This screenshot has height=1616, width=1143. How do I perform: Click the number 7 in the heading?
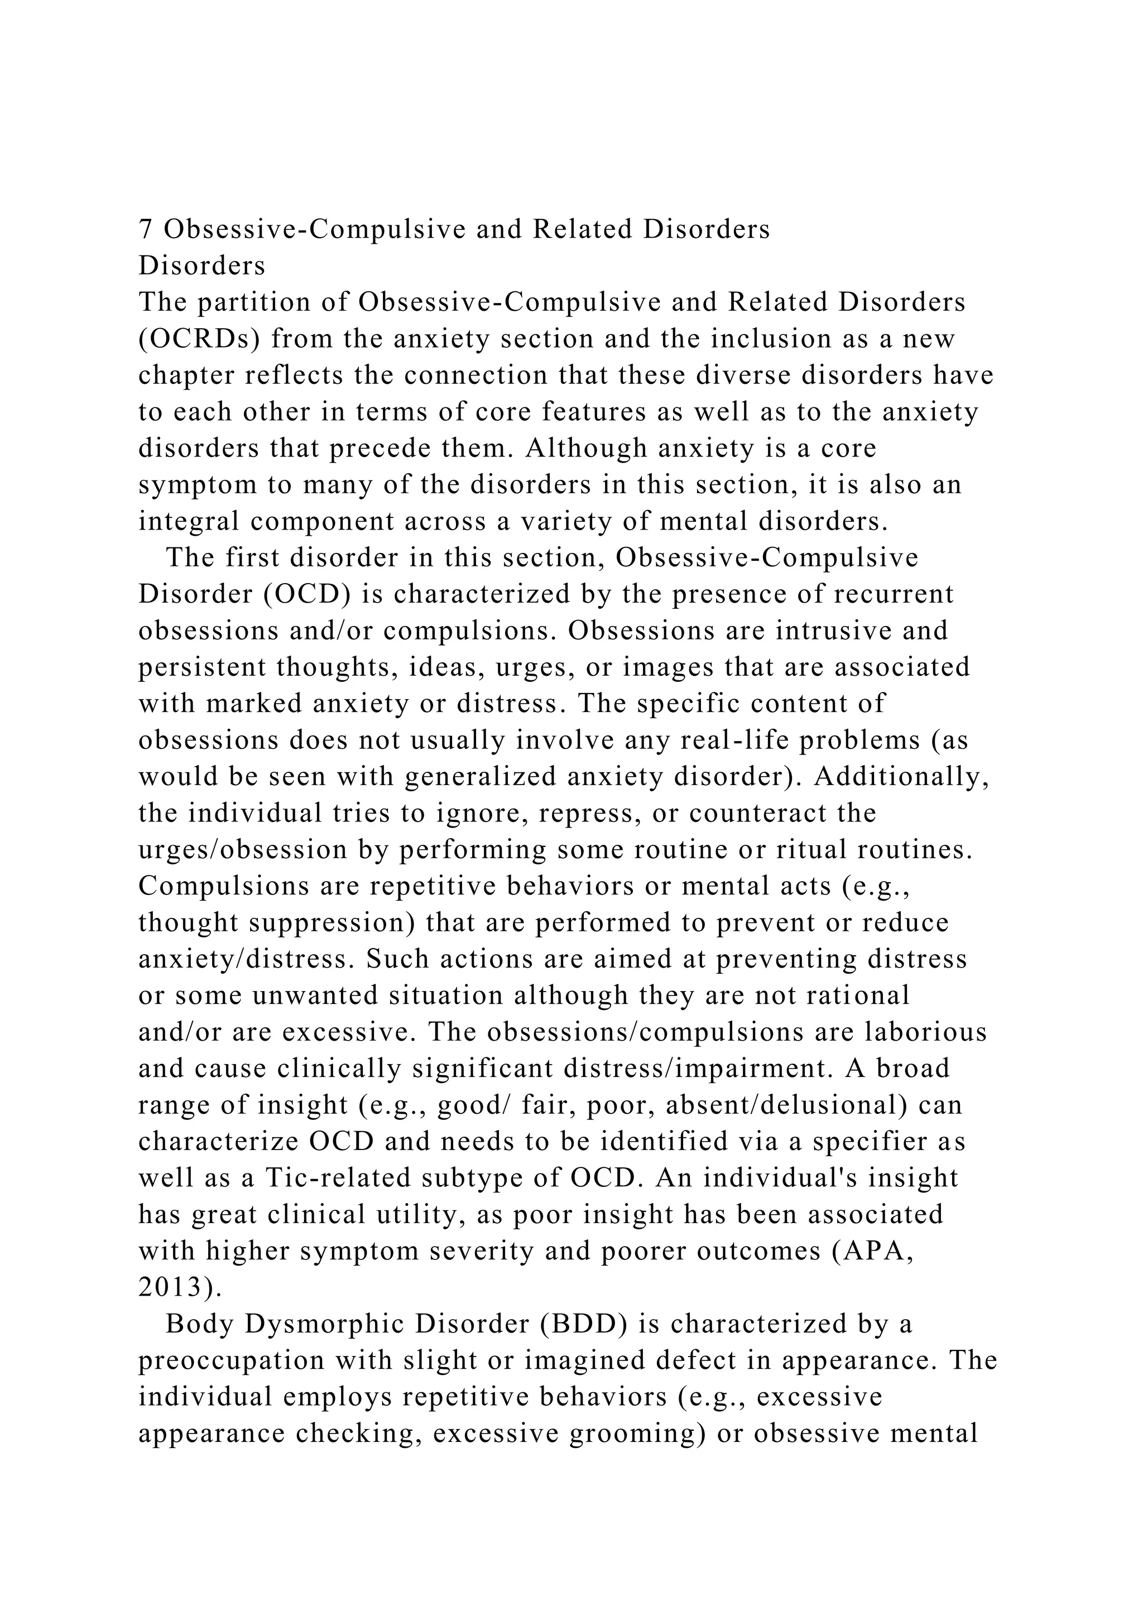(x=145, y=229)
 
